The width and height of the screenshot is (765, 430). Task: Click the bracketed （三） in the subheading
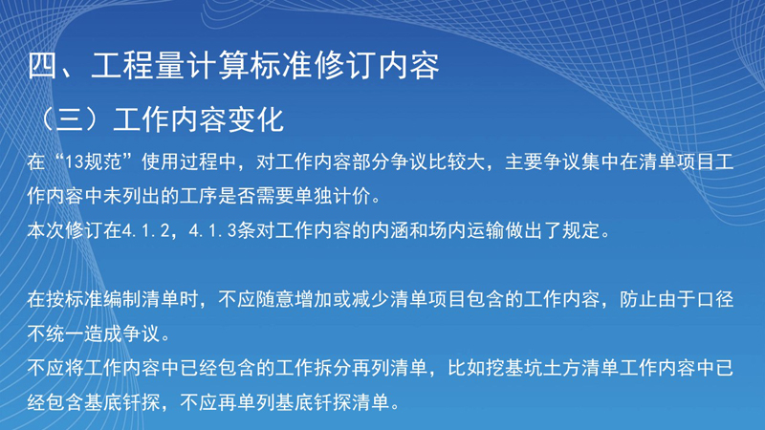click(x=70, y=119)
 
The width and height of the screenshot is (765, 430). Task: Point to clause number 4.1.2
click(x=146, y=230)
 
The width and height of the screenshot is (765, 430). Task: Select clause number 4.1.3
click(x=212, y=230)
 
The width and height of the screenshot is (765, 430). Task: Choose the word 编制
click(x=122, y=299)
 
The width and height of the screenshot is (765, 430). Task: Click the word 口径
click(x=715, y=299)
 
